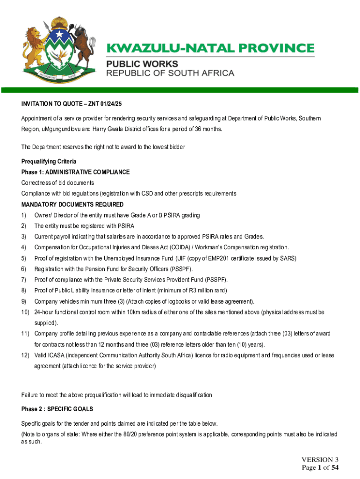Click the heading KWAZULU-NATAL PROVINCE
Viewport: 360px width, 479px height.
click(211, 49)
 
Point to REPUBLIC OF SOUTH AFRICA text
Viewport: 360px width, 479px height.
click(171, 73)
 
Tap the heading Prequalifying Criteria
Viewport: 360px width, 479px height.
click(49, 161)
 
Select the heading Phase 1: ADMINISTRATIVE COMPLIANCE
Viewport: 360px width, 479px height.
click(75, 172)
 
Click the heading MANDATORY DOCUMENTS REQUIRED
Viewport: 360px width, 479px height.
click(72, 204)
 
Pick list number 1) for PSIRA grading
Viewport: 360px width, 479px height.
click(24, 215)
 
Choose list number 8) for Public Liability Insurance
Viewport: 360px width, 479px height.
click(24, 290)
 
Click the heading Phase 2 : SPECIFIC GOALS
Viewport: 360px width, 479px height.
click(57, 409)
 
